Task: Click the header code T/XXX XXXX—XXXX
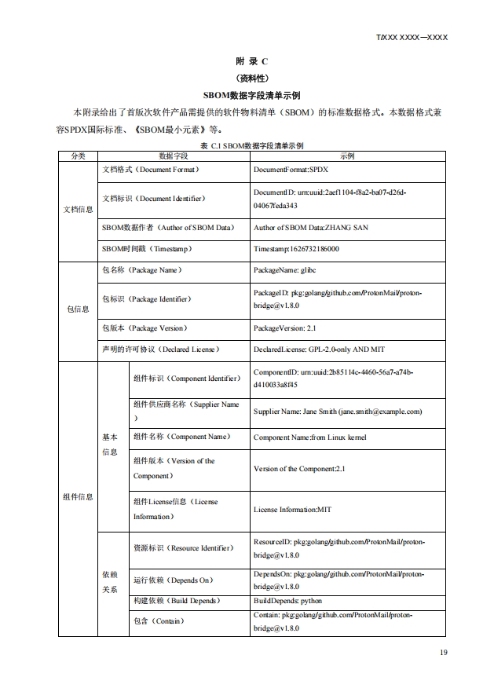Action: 412,37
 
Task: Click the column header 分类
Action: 78,156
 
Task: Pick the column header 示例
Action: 347,156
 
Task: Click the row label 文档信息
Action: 78,209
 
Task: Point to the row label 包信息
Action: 78,309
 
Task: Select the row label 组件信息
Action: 78,496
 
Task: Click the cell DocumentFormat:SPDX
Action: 290,170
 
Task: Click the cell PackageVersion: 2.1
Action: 287,328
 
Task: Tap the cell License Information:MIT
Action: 292,509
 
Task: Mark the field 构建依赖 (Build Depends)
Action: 177,601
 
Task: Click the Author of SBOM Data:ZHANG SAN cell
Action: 311,228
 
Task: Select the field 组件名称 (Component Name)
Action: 181,437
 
